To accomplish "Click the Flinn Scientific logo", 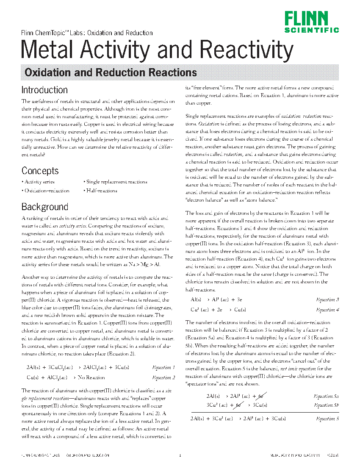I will (311, 22).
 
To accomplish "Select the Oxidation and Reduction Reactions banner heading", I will (111, 72).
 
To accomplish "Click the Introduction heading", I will (44, 90).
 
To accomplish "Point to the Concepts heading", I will (40, 171).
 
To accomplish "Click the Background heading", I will (44, 207).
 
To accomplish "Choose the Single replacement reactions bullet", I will (116, 182).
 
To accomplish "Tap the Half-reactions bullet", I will (102, 191).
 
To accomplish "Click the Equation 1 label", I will (163, 367).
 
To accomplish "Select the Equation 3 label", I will (327, 300).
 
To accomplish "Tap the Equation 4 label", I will (327, 310).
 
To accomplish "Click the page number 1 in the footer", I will (180, 455).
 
